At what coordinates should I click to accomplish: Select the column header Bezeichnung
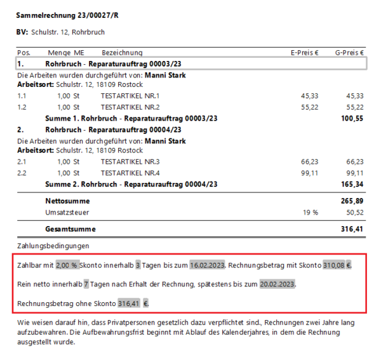coord(122,53)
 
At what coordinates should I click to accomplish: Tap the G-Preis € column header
coord(349,53)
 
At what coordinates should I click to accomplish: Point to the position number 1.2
coord(22,107)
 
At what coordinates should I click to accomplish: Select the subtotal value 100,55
coord(352,118)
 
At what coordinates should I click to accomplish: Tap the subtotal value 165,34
coord(352,184)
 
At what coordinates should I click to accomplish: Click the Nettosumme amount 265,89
coord(352,201)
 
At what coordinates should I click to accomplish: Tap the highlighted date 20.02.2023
coord(277,284)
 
